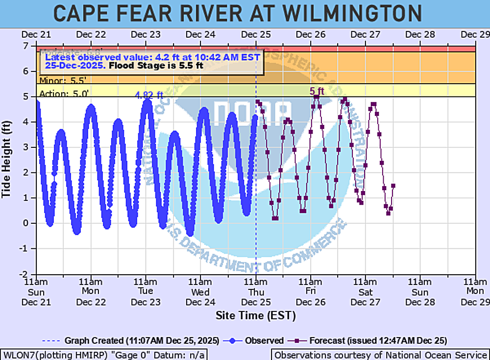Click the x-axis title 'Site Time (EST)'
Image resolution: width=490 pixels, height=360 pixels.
pyautogui.click(x=256, y=315)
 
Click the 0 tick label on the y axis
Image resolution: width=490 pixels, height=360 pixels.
pyautogui.click(x=27, y=223)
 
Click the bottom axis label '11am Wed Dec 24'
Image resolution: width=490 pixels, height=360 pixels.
pyautogui.click(x=201, y=292)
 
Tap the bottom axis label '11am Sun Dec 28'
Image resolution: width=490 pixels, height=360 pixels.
pyautogui.click(x=420, y=292)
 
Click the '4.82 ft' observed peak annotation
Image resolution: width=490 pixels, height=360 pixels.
pyautogui.click(x=149, y=96)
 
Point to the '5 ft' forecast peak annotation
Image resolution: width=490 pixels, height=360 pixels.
pyautogui.click(x=317, y=91)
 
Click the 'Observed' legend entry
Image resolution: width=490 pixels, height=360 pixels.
pyautogui.click(x=265, y=340)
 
